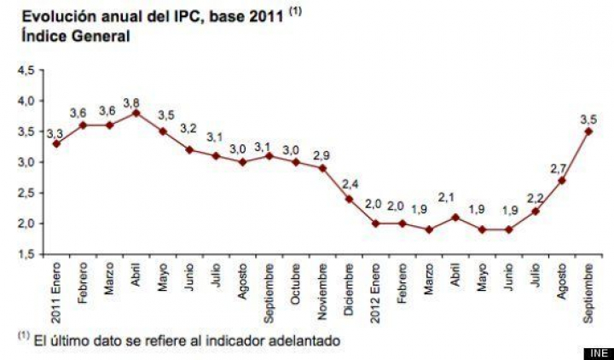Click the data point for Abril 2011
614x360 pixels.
pos(136,113)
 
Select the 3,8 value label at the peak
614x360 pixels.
pos(132,102)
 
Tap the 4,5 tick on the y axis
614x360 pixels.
pos(26,71)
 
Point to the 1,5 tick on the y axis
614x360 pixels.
pos(26,254)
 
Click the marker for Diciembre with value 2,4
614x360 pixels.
pos(349,199)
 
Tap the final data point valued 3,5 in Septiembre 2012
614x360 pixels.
pos(588,131)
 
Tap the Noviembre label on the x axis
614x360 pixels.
pos(322,287)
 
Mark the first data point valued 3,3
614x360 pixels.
pos(56,143)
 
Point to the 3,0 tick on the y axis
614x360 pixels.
pos(26,162)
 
